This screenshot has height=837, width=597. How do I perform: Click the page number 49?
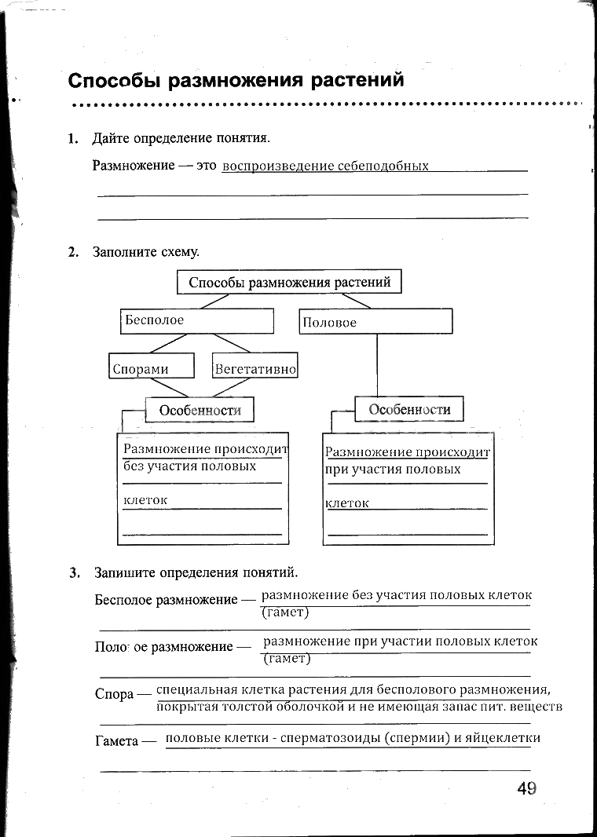point(526,788)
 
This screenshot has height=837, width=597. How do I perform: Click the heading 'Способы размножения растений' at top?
point(236,80)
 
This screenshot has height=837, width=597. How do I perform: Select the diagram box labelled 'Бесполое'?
point(197,320)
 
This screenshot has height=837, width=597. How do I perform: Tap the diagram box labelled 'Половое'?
point(375,321)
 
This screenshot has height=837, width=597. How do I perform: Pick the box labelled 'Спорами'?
point(151,367)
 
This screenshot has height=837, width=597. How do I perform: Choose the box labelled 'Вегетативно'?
point(255,367)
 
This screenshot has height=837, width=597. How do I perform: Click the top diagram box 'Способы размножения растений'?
point(289,282)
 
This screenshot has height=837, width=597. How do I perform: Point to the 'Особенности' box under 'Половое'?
point(409,409)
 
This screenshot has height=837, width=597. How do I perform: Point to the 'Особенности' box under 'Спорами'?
point(200,410)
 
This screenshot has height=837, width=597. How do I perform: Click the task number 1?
point(72,139)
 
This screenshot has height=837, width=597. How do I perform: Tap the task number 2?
point(72,252)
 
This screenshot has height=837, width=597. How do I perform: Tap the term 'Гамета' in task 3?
point(116,740)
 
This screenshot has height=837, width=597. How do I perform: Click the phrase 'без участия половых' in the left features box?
point(190,466)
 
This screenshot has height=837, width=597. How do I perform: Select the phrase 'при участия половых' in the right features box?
point(393,470)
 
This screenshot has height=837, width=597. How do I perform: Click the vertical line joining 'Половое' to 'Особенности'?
point(377,365)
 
